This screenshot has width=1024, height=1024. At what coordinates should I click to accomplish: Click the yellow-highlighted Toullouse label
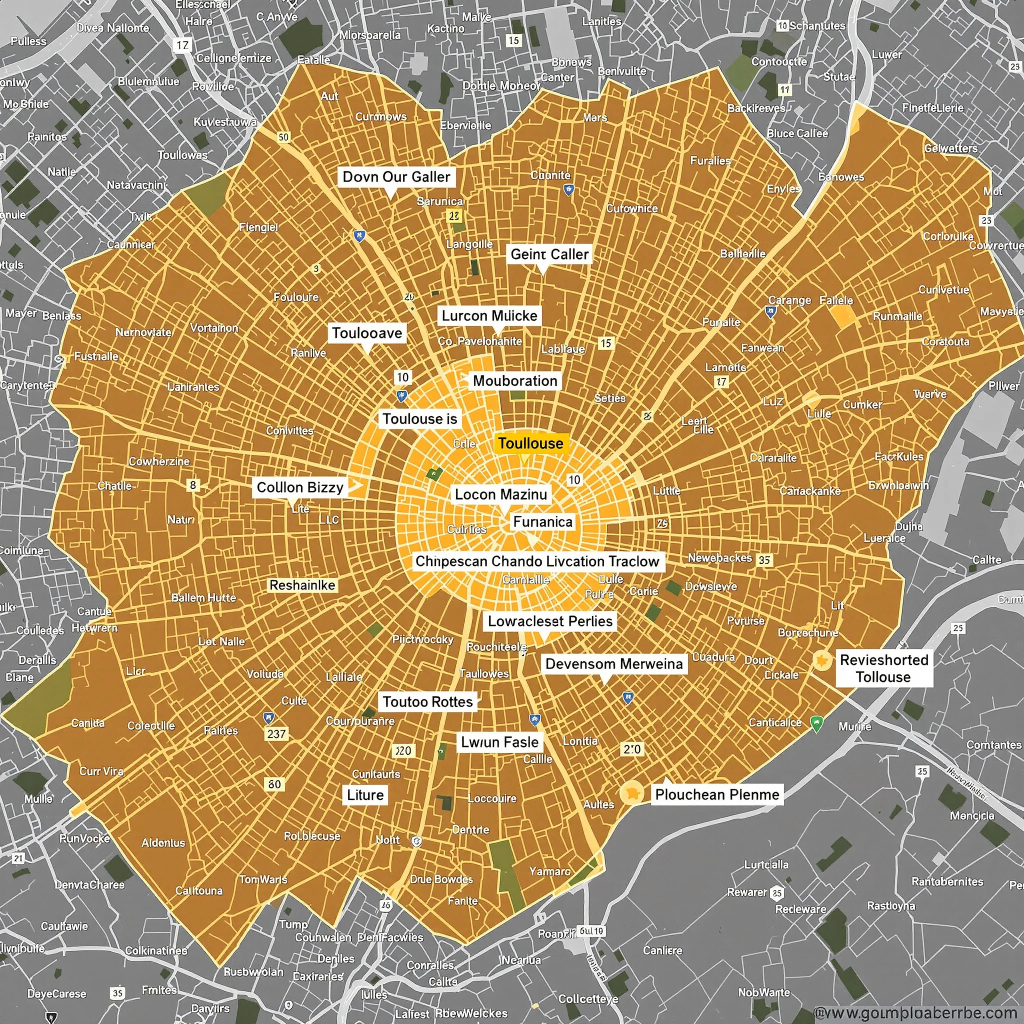pos(531,443)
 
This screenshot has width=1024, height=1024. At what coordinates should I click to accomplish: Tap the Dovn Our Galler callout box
pos(396,177)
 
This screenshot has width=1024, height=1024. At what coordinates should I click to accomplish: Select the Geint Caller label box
pos(549,254)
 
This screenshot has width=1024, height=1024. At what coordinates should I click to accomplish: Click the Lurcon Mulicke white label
pos(489,316)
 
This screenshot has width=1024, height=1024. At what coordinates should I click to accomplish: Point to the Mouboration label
pos(514,380)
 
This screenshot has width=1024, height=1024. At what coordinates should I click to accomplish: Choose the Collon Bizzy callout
pos(300,487)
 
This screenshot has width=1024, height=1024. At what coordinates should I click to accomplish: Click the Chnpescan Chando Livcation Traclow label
pos(537,561)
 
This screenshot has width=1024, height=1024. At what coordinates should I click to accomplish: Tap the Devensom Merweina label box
pos(614,663)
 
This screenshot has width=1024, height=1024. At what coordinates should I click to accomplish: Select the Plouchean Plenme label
pos(716,794)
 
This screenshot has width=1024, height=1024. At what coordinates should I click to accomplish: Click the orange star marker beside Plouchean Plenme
pos(631,793)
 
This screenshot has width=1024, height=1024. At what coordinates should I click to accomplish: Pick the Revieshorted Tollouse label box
pos(883,668)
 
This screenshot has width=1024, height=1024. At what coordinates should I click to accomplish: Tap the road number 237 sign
pos(276,734)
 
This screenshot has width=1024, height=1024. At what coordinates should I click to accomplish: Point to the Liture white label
pos(365,795)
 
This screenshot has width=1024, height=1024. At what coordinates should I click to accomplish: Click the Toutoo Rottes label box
pos(427,701)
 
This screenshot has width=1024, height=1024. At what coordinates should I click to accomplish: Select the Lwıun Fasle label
pos(499,742)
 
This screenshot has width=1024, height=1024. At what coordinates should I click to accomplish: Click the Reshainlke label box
pos(302,585)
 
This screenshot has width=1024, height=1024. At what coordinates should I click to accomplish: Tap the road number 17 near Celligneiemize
pos(183,45)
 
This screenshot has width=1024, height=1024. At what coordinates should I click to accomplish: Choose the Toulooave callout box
pos(367,333)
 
